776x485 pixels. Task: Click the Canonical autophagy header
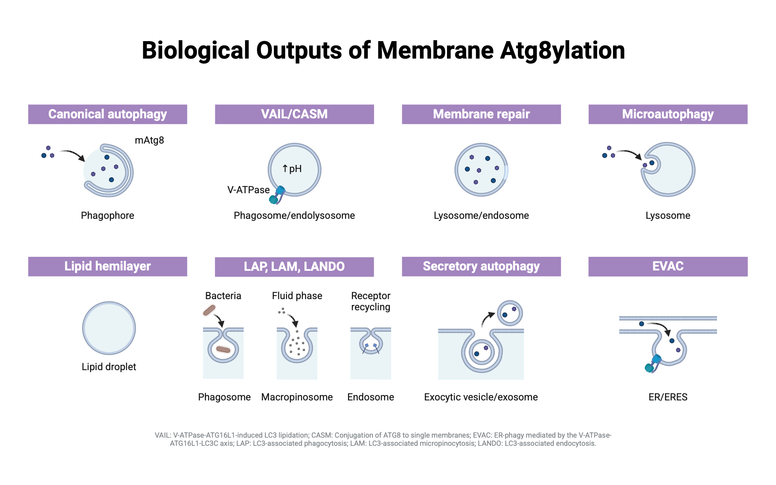[x=107, y=114]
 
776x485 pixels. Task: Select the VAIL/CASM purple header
[x=294, y=114]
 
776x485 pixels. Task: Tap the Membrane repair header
[x=481, y=114]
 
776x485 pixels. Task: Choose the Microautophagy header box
[x=668, y=114]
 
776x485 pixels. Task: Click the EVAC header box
[x=668, y=266]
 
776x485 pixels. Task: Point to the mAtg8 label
[x=149, y=140]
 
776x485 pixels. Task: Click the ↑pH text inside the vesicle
[x=292, y=169]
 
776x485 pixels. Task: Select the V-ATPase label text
[x=248, y=190]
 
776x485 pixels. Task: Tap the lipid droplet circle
[x=109, y=328]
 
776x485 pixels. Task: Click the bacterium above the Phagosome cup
[x=209, y=310]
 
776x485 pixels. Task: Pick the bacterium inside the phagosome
[x=223, y=350]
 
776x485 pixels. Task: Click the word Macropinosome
[x=297, y=397]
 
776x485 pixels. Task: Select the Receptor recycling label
[x=371, y=301]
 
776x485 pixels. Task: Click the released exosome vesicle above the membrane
[x=510, y=313]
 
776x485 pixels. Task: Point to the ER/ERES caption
[x=668, y=397]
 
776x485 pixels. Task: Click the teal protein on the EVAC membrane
[x=652, y=364]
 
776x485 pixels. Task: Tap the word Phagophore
[x=107, y=215]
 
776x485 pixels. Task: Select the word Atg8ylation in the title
[x=562, y=50]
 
